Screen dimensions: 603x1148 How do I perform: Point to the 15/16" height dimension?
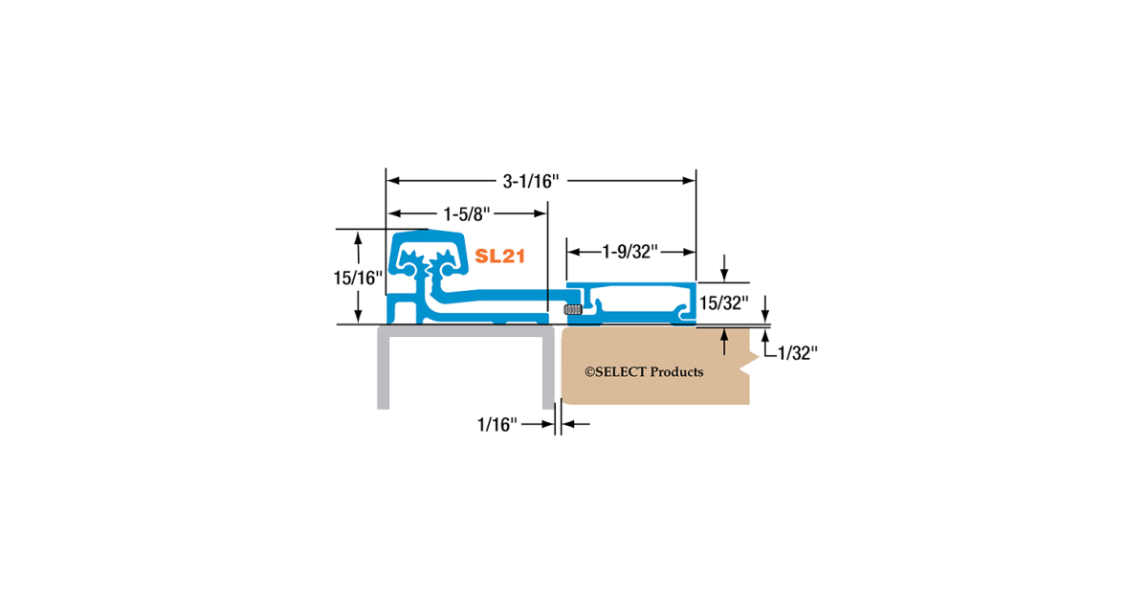point(357,279)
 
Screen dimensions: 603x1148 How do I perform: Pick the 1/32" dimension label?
point(796,353)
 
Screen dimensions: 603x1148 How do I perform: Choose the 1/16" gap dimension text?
point(497,423)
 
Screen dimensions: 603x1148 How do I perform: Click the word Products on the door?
point(676,371)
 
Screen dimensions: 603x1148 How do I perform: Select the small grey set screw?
point(573,309)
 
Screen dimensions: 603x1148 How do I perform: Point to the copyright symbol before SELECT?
point(589,371)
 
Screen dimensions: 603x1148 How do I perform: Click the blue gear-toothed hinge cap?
point(429,256)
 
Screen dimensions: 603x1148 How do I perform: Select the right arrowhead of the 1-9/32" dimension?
point(688,252)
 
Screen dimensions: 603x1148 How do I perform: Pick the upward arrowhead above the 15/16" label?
point(358,239)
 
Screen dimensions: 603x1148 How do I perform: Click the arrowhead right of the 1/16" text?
point(570,423)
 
